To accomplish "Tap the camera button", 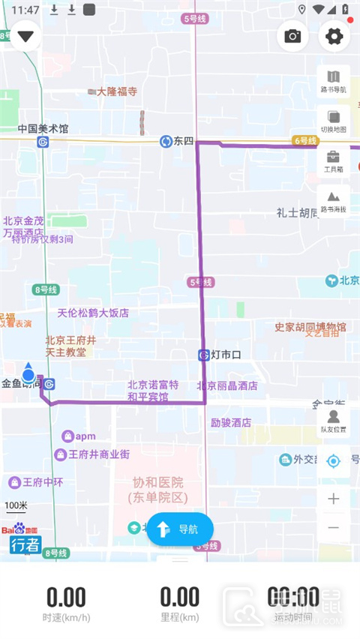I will [292, 36].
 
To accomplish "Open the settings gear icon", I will [334, 36].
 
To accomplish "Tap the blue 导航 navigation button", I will [180, 529].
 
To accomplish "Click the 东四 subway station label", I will [183, 141].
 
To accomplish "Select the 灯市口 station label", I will [224, 355].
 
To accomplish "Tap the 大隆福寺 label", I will [116, 91].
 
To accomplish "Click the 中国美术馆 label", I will [43, 128].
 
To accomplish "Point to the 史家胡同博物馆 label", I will [310, 327].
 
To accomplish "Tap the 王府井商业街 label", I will [99, 454].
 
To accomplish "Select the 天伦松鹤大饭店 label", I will [93, 313].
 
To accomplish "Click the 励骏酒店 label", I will [230, 422].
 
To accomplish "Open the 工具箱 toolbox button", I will [334, 161].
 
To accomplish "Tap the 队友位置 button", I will [334, 421].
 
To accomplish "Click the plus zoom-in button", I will [334, 499].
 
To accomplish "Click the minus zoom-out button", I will [334, 528].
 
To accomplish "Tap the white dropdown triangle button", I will [26, 36].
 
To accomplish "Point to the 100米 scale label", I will [16, 505].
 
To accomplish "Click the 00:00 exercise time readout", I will [293, 598].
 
